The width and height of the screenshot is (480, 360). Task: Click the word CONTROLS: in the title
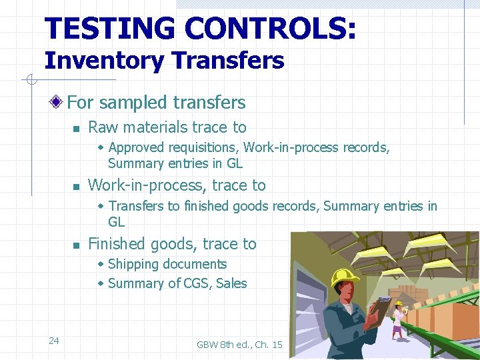click(x=270, y=29)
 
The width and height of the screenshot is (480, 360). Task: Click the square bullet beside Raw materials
click(x=77, y=128)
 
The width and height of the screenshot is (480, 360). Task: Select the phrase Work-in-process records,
click(x=317, y=147)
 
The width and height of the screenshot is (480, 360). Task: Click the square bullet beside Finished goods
click(x=77, y=245)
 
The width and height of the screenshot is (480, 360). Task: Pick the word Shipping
click(x=133, y=265)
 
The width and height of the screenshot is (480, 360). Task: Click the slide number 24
click(x=54, y=341)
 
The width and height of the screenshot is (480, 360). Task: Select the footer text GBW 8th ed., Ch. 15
click(x=239, y=345)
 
